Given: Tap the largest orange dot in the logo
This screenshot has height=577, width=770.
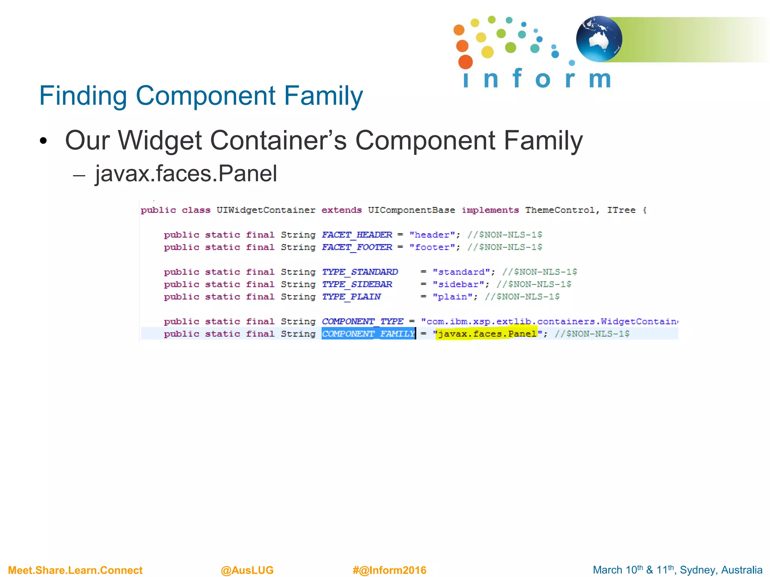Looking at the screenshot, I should coord(465,62).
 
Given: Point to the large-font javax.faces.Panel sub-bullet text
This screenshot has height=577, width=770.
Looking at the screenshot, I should coord(186,174).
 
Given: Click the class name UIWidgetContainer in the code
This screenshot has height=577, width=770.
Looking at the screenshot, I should coord(265,210).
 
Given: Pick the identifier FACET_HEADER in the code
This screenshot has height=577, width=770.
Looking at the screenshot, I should coord(357,235).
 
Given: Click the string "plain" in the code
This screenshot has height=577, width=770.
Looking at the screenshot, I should coord(452,297).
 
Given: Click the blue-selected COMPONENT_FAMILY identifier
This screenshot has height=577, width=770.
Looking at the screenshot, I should coord(368,334).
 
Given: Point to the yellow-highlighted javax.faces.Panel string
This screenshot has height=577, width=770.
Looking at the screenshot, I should coord(487,334).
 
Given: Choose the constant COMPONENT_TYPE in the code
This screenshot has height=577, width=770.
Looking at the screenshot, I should coord(362,322).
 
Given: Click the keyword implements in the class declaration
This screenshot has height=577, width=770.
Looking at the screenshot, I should coord(490,210).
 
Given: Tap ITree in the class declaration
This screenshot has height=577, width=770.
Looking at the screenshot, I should coord(621,210).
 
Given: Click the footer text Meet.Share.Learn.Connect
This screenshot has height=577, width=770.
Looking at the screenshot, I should coord(75,570).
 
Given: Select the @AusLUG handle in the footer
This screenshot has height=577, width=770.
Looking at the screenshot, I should coord(247,570).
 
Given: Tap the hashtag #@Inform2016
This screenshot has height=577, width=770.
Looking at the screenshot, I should coord(389,570).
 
